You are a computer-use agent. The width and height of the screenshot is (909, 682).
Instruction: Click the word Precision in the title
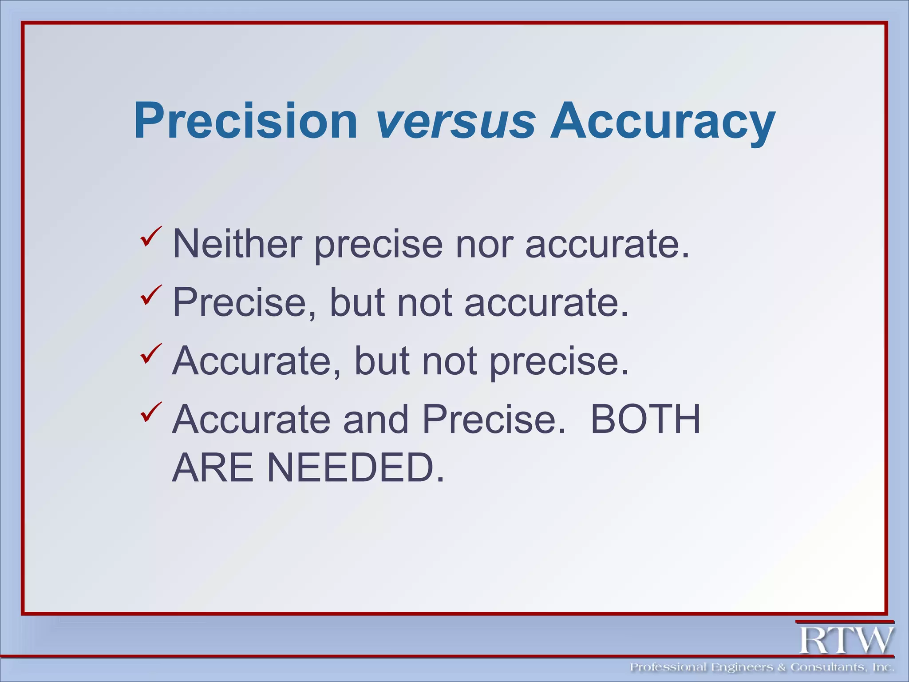245,121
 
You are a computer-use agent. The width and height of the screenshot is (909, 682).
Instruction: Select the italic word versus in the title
455,121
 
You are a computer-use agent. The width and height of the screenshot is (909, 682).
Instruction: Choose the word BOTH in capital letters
645,419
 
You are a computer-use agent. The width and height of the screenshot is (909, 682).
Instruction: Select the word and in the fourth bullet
375,419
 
